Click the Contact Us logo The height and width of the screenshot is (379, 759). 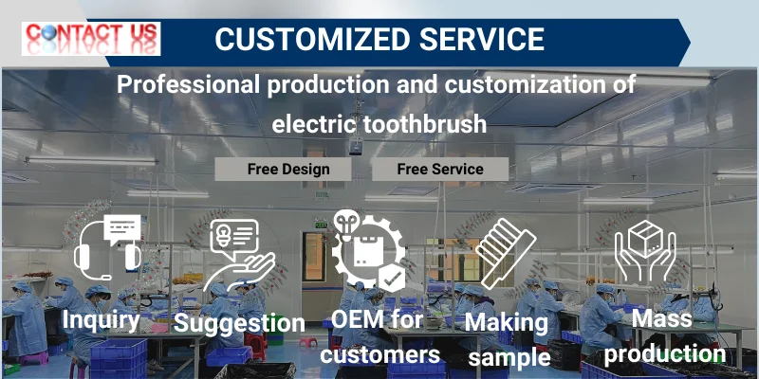click(91, 38)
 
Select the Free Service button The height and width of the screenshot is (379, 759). click(440, 170)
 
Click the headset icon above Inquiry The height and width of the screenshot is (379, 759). click(107, 247)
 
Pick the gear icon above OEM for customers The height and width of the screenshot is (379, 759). click(369, 250)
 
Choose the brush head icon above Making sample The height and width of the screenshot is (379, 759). click(506, 253)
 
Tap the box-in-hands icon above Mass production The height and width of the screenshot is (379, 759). click(645, 250)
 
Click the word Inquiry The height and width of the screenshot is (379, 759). click(101, 320)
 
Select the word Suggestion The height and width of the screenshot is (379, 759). click(239, 323)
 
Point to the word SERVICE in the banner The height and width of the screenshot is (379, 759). click(482, 39)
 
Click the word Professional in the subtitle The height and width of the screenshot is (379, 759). click(188, 84)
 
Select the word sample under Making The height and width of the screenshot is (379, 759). click(509, 359)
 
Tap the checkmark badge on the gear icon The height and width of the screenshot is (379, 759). click(392, 278)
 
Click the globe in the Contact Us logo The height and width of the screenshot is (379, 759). click(49, 32)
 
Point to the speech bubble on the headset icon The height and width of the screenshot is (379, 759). click(122, 228)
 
